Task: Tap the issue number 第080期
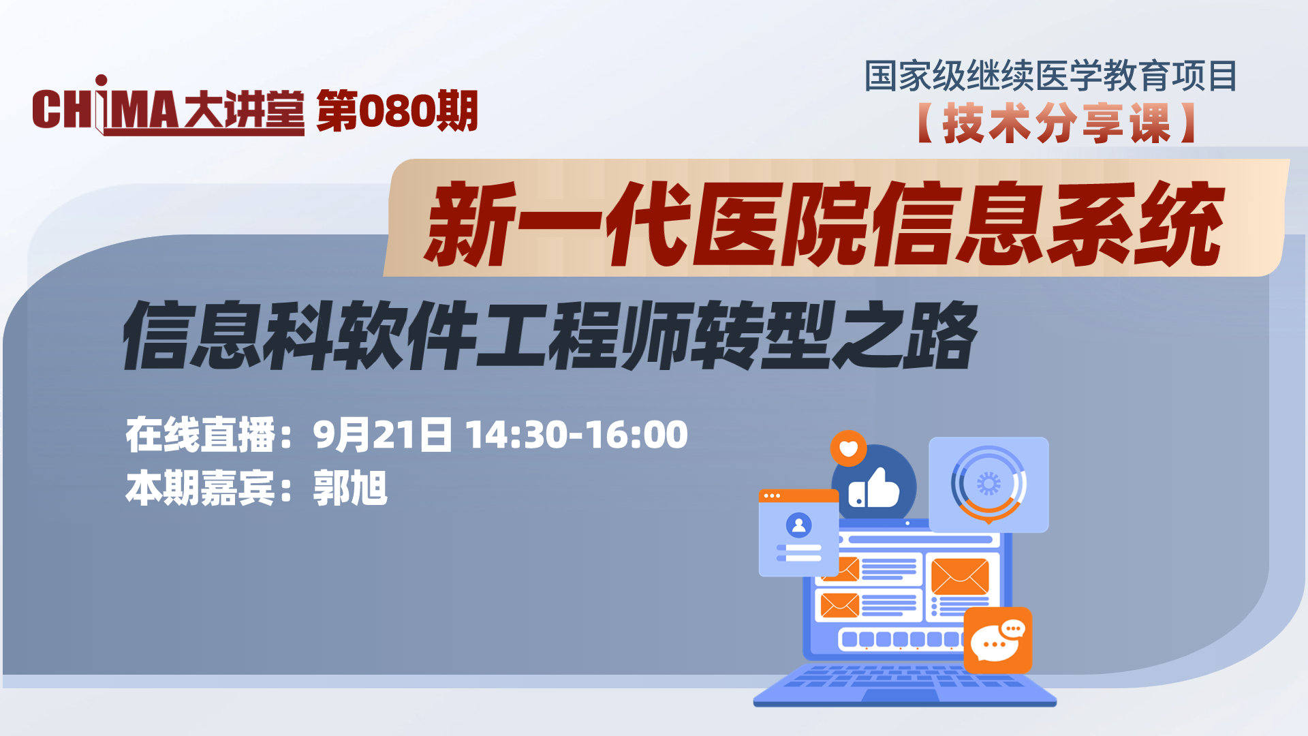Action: click(397, 111)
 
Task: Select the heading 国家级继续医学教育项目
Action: click(1050, 76)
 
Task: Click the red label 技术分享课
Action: click(1056, 123)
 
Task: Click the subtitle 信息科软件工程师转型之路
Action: click(550, 335)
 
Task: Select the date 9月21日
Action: click(382, 435)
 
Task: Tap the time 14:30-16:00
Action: click(577, 435)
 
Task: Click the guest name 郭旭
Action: click(350, 488)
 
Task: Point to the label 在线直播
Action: click(201, 435)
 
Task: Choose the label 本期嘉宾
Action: click(201, 488)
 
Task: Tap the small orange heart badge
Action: click(848, 448)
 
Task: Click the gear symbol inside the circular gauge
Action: click(988, 484)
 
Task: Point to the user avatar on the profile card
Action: click(798, 525)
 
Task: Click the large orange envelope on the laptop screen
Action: click(959, 577)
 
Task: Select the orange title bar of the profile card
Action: click(798, 495)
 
